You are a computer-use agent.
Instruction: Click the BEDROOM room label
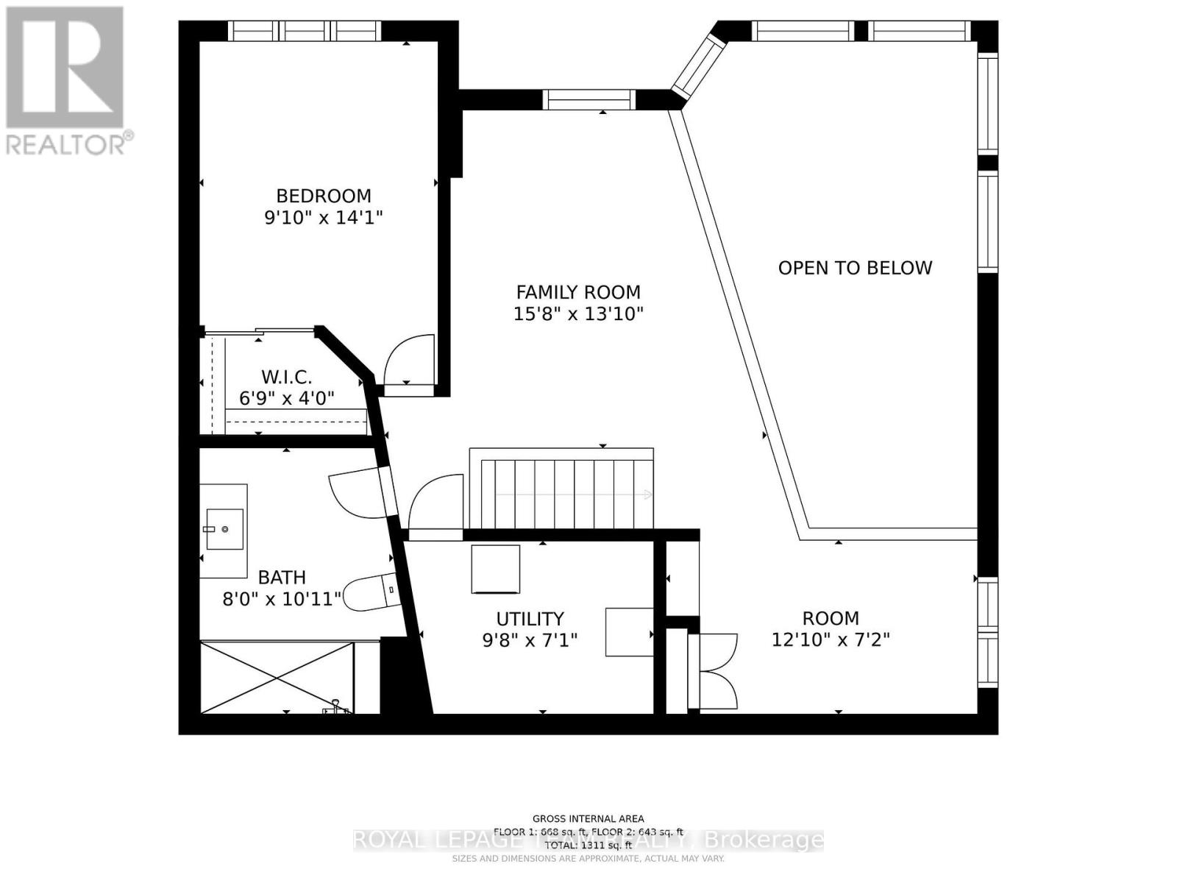point(324,196)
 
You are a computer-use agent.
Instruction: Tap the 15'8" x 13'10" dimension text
point(578,314)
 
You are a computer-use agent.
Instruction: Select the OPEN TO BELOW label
point(855,268)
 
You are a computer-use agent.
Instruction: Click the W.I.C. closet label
point(286,377)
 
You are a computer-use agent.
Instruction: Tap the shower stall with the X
point(276,678)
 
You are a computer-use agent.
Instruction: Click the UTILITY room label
point(530,619)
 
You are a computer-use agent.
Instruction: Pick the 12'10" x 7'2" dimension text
point(831,639)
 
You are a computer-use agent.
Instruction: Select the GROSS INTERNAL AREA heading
point(588,818)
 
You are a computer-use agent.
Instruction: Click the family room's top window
point(589,99)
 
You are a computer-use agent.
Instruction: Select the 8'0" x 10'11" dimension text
point(282,599)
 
